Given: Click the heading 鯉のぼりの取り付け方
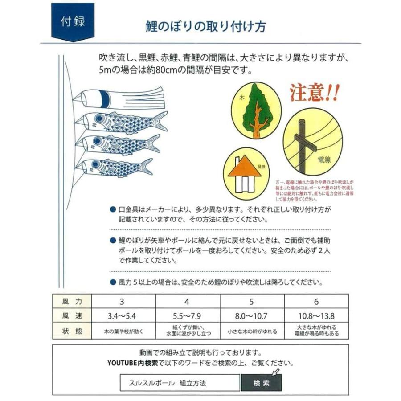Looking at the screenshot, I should click(206, 26).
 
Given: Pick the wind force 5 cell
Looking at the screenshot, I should click(252, 301).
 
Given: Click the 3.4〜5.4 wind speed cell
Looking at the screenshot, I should click(122, 316).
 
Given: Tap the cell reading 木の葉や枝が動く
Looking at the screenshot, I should click(122, 332).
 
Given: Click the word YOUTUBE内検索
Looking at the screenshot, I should click(132, 363).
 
